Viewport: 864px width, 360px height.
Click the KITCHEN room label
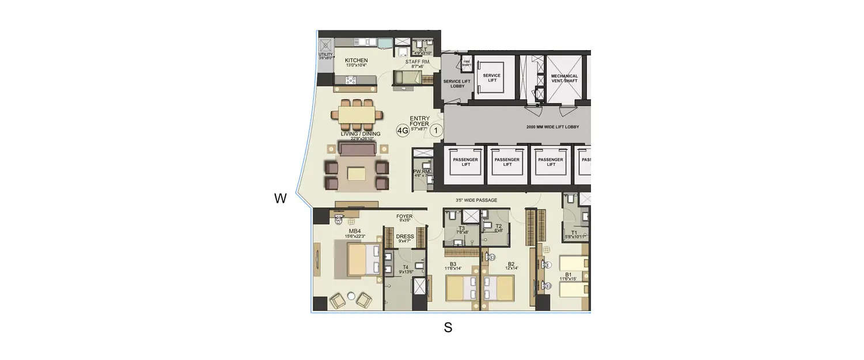[356, 60]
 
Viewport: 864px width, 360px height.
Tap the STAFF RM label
[417, 62]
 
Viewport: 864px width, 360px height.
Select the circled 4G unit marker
[403, 131]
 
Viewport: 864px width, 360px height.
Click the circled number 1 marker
[436, 131]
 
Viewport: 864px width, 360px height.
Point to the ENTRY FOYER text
[419, 121]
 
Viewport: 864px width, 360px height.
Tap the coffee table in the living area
[357, 174]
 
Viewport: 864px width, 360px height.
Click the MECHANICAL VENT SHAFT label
[564, 79]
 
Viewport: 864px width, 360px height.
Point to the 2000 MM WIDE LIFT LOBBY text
[552, 127]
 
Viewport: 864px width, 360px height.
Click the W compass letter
[281, 199]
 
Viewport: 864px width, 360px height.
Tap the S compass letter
[448, 328]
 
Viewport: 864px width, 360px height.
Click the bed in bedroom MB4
[357, 259]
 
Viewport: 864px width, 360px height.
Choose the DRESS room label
[406, 236]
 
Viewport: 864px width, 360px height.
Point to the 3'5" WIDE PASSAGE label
[476, 200]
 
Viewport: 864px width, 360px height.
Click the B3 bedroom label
[453, 264]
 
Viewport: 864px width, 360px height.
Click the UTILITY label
[326, 55]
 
